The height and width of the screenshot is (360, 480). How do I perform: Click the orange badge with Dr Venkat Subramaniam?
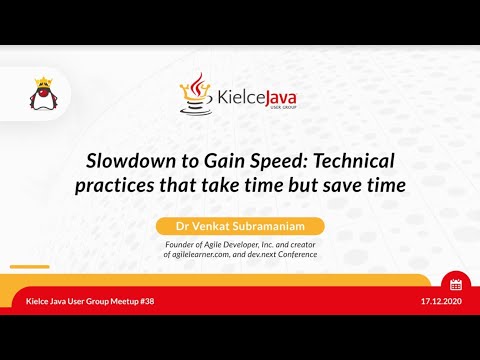click(239, 226)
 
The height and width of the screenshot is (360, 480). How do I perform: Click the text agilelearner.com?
click(208, 254)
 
